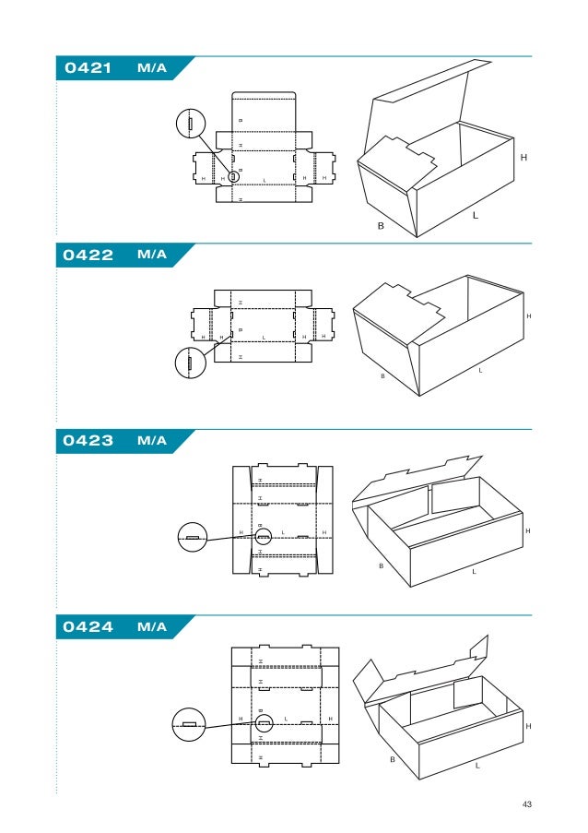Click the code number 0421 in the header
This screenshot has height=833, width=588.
coord(88,68)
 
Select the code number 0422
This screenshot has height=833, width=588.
coord(88,256)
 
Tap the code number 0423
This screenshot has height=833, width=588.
coord(88,441)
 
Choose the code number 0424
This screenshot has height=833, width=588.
coord(88,628)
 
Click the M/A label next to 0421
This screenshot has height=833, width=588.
coord(151,68)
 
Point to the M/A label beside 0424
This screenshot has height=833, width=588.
coord(151,628)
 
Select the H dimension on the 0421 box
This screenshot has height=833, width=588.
coord(523,159)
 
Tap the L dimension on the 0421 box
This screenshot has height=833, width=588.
coord(476,215)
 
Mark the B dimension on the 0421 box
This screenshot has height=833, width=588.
coord(380,225)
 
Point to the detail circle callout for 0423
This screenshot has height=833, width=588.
coord(192,537)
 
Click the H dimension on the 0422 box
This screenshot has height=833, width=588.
coord(529,316)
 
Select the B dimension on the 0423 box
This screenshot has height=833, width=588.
coord(380,565)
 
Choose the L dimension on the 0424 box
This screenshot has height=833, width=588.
coord(477,766)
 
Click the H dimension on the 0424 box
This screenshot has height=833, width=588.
coord(528,727)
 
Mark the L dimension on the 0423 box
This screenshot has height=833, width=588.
coord(474,572)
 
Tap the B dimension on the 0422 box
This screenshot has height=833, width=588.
coord(383,376)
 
